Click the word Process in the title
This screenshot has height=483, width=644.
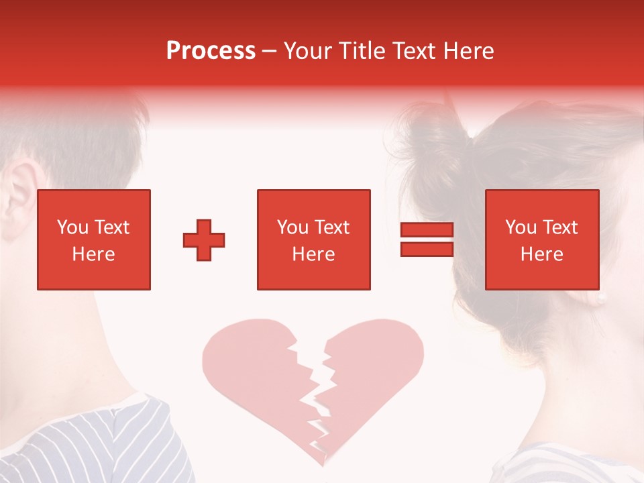coord(211,51)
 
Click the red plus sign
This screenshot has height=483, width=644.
coord(204,239)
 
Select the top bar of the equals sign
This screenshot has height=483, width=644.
coord(427,229)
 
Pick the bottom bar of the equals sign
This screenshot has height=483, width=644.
coord(427,249)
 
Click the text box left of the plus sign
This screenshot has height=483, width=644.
coord(94,239)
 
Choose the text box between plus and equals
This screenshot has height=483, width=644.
coord(314,239)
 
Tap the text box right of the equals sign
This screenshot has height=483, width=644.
coord(542,239)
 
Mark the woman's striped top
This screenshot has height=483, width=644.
coord(570,463)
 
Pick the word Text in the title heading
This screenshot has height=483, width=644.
coord(416,51)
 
